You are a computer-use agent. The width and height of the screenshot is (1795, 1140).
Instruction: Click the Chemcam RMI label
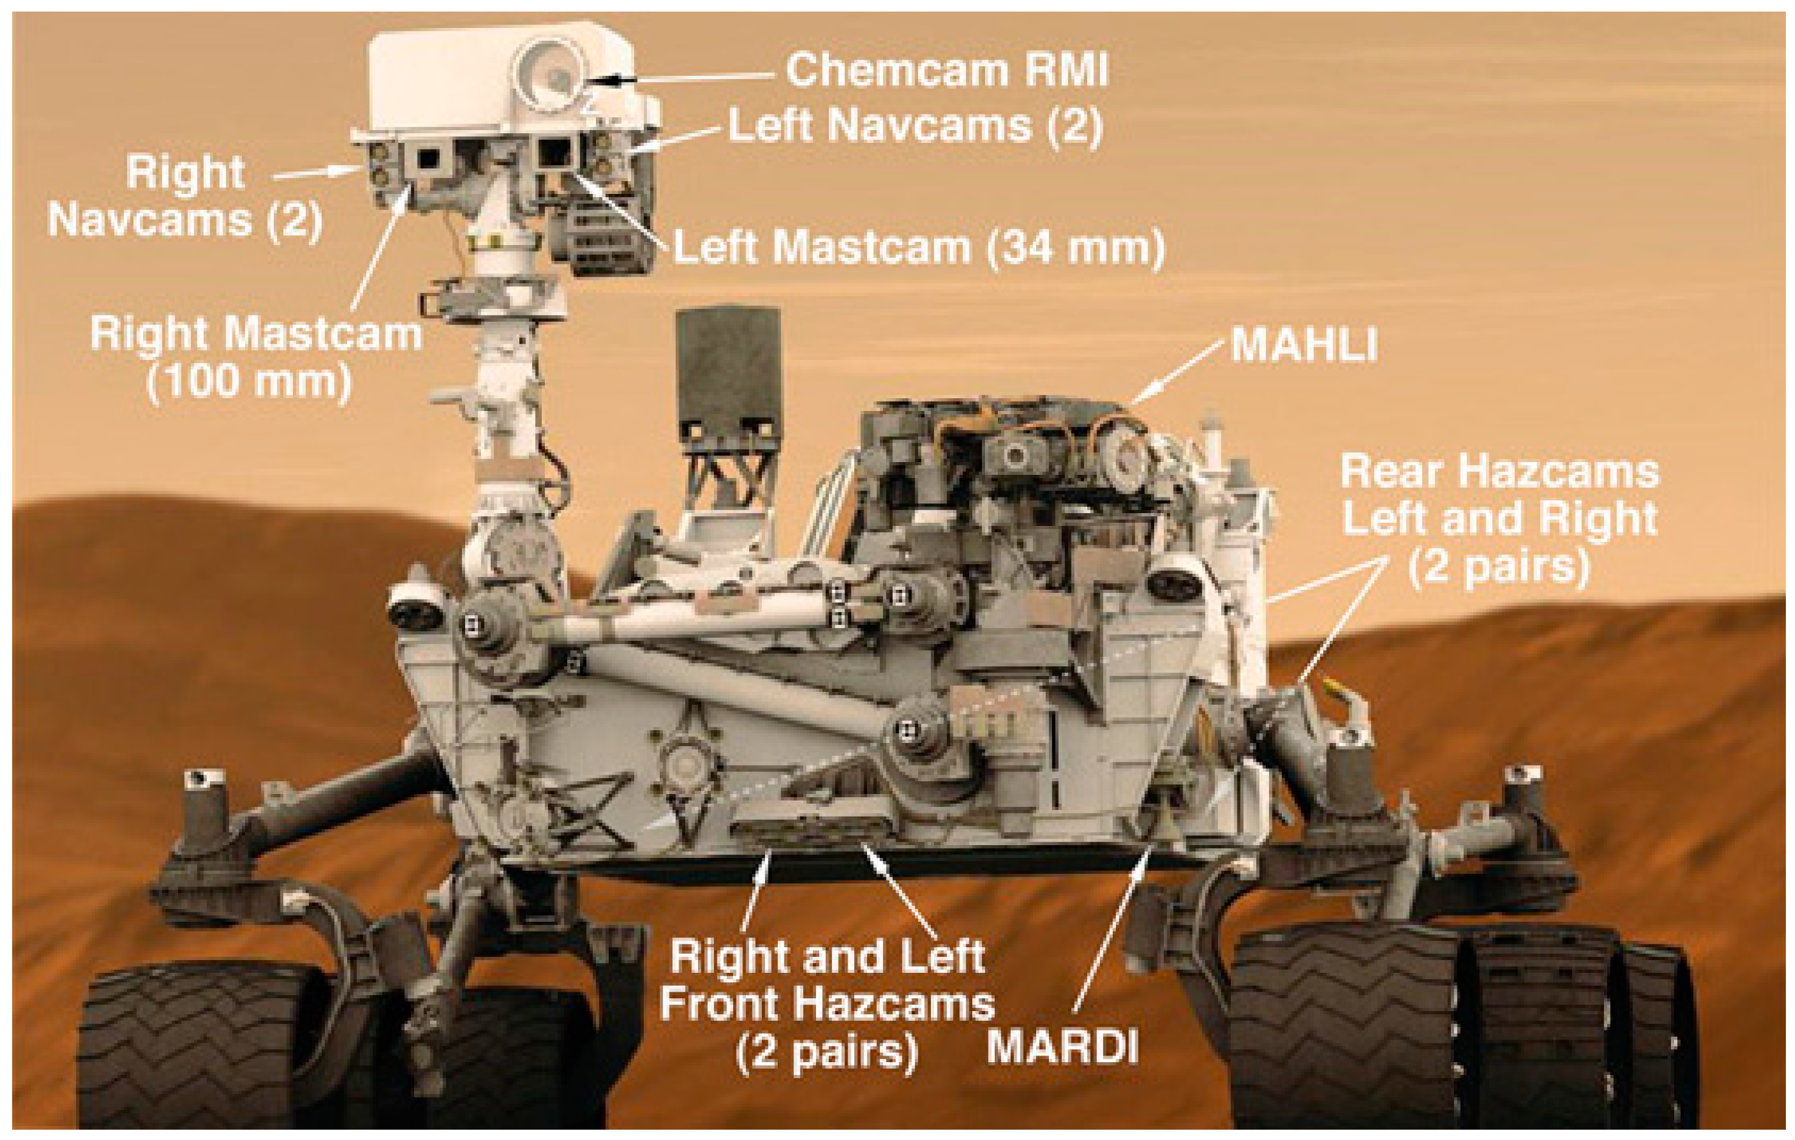tap(947, 70)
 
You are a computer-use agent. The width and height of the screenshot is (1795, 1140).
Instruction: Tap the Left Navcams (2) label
tap(915, 125)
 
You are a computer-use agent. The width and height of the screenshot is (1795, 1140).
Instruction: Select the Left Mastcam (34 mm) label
tap(918, 247)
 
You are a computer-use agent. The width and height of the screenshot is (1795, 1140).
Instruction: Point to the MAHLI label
tap(1304, 345)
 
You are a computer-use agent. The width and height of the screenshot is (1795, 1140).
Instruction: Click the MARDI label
tap(1062, 1048)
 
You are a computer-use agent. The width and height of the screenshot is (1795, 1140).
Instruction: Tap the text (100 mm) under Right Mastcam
tap(249, 382)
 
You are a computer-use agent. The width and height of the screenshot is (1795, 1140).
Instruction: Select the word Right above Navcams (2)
tap(185, 173)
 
